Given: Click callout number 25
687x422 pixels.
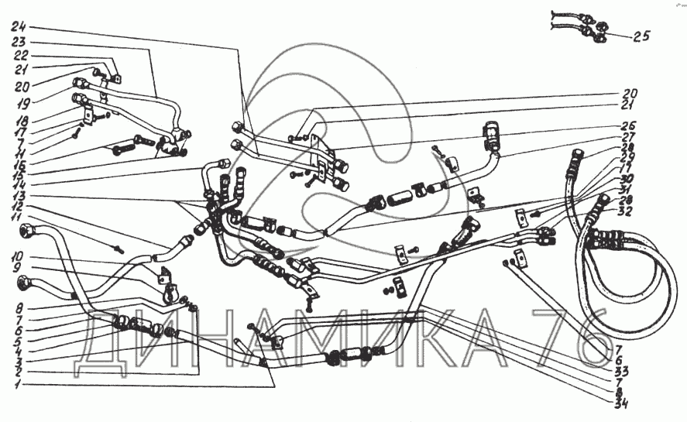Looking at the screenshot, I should click(x=641, y=36).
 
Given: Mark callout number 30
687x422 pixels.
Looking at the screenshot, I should click(x=628, y=179).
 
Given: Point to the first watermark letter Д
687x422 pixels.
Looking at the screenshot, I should click(x=107, y=335).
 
